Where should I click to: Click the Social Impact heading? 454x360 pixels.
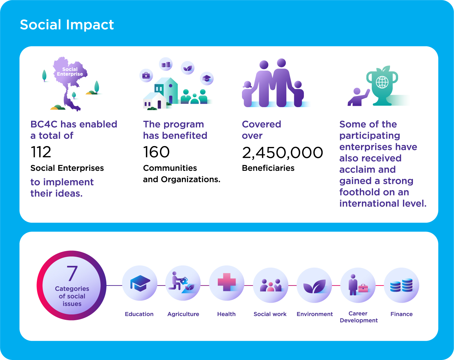67,25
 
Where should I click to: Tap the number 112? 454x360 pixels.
41,152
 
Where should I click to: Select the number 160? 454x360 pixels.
156,152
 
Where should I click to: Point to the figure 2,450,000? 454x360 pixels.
282,153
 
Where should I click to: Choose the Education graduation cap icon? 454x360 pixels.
140,283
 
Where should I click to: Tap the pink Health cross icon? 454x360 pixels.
227,282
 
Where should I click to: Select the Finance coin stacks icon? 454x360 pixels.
401,285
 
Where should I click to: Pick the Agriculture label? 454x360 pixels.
183,314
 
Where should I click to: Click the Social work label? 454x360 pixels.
270,314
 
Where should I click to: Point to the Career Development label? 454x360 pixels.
359,317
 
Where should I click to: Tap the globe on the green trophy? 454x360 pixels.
382,82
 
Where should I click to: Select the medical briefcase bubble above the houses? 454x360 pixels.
146,75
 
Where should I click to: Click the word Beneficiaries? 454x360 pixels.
268,168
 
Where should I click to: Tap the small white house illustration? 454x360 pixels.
155,100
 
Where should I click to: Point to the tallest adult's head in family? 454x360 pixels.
281,63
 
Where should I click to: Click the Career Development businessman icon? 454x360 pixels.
353,285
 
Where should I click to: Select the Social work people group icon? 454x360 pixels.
271,285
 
